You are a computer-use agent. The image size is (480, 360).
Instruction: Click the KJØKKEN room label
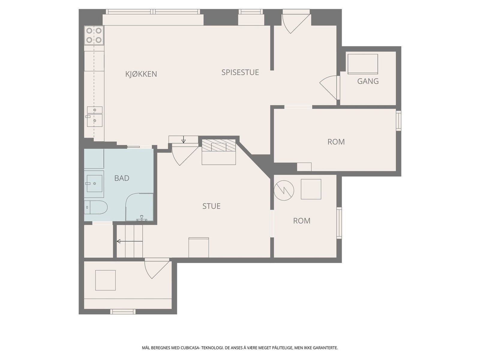click(141, 74)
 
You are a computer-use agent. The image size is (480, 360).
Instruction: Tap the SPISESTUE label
click(240, 72)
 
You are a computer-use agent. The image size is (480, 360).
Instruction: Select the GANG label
click(368, 81)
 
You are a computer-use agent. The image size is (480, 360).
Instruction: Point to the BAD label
click(122, 178)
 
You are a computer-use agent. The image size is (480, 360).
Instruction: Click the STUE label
click(211, 206)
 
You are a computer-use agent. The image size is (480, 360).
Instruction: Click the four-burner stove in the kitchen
click(94, 35)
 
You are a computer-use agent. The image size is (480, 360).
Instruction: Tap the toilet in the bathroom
click(96, 207)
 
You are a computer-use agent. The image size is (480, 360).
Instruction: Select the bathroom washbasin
click(94, 183)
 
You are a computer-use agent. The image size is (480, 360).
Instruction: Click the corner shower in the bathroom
click(139, 207)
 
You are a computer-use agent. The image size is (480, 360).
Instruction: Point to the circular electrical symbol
click(283, 190)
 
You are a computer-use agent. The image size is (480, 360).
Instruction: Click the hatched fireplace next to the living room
click(218, 145)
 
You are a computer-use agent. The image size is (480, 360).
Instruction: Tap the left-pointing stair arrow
click(130, 241)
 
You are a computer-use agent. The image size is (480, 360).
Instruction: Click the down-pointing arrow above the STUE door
click(183, 139)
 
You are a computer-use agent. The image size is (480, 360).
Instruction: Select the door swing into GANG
click(328, 87)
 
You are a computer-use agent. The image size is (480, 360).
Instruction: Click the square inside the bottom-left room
click(105, 280)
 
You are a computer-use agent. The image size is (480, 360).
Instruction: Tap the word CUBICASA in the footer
click(190, 348)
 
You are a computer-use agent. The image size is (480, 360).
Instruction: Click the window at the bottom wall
click(123, 311)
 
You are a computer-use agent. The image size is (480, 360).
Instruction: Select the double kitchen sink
click(94, 116)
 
